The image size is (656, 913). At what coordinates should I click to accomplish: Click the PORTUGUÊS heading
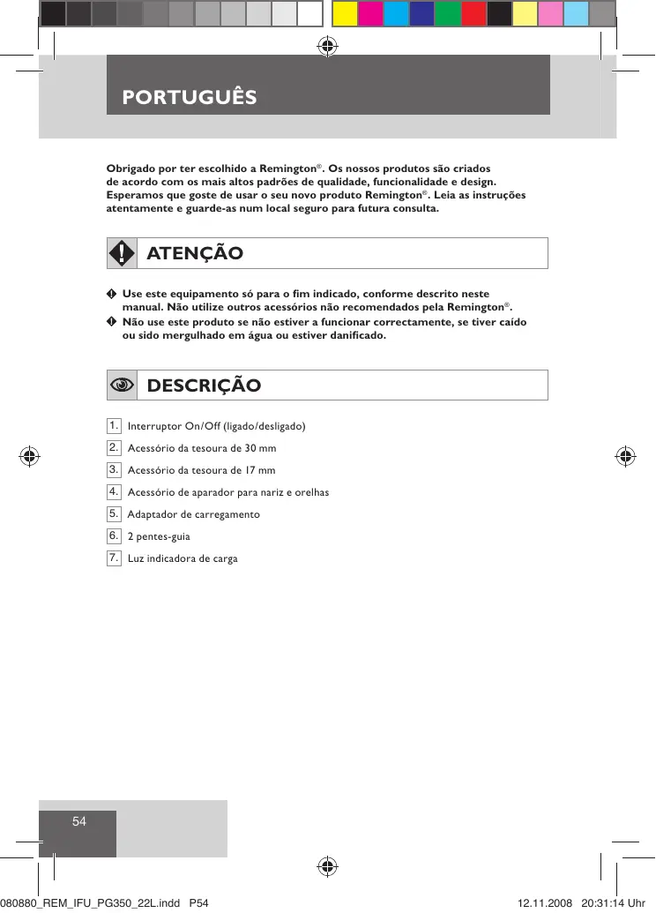190,96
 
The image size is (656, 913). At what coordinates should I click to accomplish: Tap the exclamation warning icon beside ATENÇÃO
122,253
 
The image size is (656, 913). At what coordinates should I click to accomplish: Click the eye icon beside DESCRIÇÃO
122,385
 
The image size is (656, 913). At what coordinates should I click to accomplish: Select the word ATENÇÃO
195,253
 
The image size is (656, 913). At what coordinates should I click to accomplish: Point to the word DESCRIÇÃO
204,385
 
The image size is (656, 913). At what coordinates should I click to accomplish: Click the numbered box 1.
114,426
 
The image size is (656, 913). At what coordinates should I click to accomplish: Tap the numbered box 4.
114,491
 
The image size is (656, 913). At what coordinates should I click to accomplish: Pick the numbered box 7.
114,558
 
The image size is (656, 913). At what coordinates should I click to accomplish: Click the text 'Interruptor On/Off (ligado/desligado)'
217,427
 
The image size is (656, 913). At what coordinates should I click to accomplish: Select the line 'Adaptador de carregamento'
194,514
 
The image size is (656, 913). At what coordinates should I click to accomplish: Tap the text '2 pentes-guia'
159,536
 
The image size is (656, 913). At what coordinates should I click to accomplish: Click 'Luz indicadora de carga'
183,558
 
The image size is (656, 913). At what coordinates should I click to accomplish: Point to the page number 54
79,821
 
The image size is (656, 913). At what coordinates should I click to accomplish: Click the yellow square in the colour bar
345,13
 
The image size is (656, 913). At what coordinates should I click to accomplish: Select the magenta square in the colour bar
370,13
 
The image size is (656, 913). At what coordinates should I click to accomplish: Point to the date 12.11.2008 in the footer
545,903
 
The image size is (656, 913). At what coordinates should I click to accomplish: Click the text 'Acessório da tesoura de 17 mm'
202,470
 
